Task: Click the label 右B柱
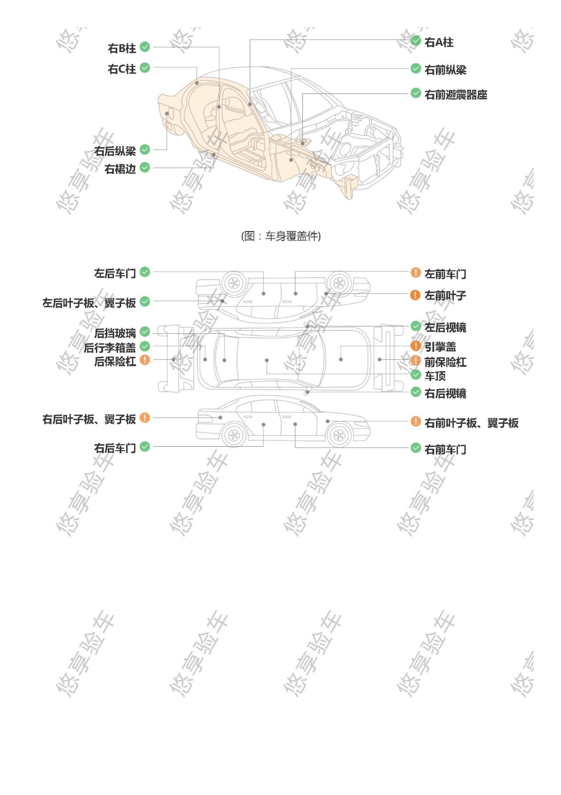coord(122,48)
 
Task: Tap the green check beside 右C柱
coord(144,68)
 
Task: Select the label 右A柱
coord(439,42)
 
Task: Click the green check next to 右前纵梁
coord(416,68)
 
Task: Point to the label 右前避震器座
coord(456,95)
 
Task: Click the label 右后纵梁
coord(115,151)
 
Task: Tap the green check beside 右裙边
coord(144,167)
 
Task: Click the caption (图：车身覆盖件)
coord(281,236)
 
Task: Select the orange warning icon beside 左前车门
coord(416,272)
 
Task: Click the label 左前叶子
coord(445,295)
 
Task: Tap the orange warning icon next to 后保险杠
coord(144,360)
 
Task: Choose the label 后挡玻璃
coord(115,333)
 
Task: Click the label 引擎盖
coord(440,346)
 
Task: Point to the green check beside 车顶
coord(416,374)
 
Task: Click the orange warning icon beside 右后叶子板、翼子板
coord(144,418)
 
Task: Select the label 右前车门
coord(445,450)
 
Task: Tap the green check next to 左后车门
coord(144,272)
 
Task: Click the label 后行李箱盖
coord(110,348)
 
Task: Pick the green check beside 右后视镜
coord(416,392)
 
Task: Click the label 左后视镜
coord(445,327)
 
